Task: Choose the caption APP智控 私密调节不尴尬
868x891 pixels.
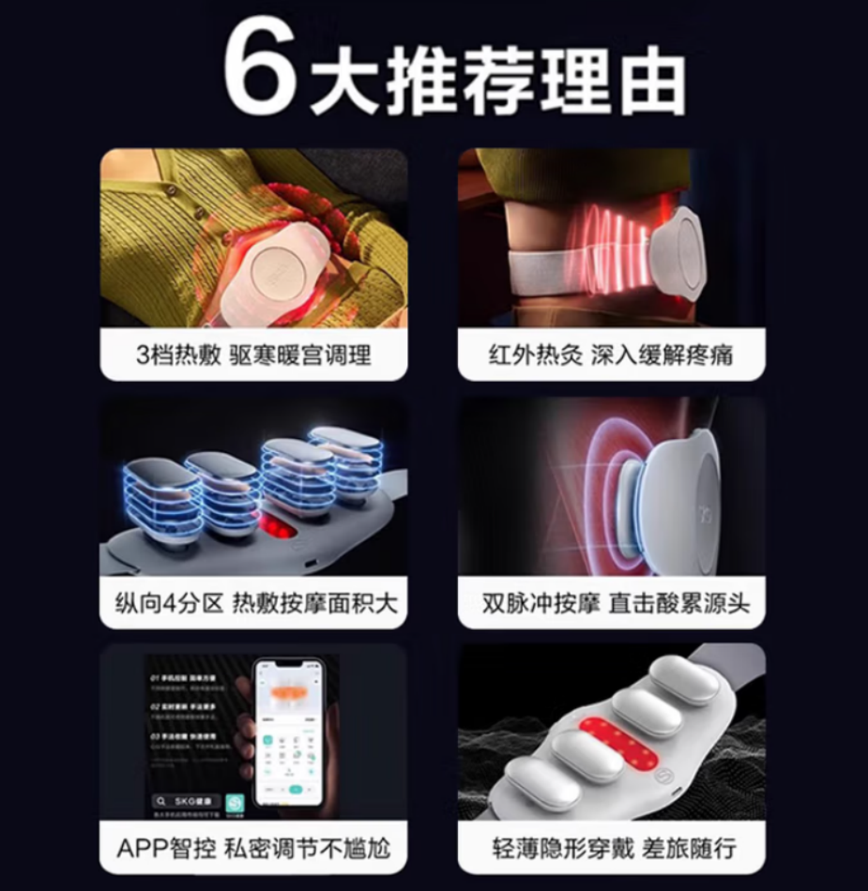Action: point(253,850)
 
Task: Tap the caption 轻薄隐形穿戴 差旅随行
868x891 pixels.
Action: point(611,850)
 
